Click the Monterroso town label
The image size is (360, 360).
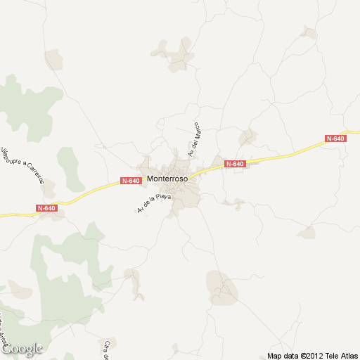[167, 179]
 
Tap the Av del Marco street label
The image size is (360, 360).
[194, 139]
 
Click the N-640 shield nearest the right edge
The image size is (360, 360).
[336, 139]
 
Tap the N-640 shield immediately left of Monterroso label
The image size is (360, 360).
[131, 181]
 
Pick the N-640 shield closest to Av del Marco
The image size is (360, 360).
[235, 164]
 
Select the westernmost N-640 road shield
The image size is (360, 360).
[46, 208]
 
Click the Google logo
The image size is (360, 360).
[22, 349]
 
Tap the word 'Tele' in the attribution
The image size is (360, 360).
[334, 355]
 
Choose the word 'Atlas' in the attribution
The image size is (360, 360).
[350, 355]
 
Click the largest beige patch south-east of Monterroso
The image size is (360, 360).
[222, 287]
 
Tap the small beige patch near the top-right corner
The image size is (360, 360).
[308, 32]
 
